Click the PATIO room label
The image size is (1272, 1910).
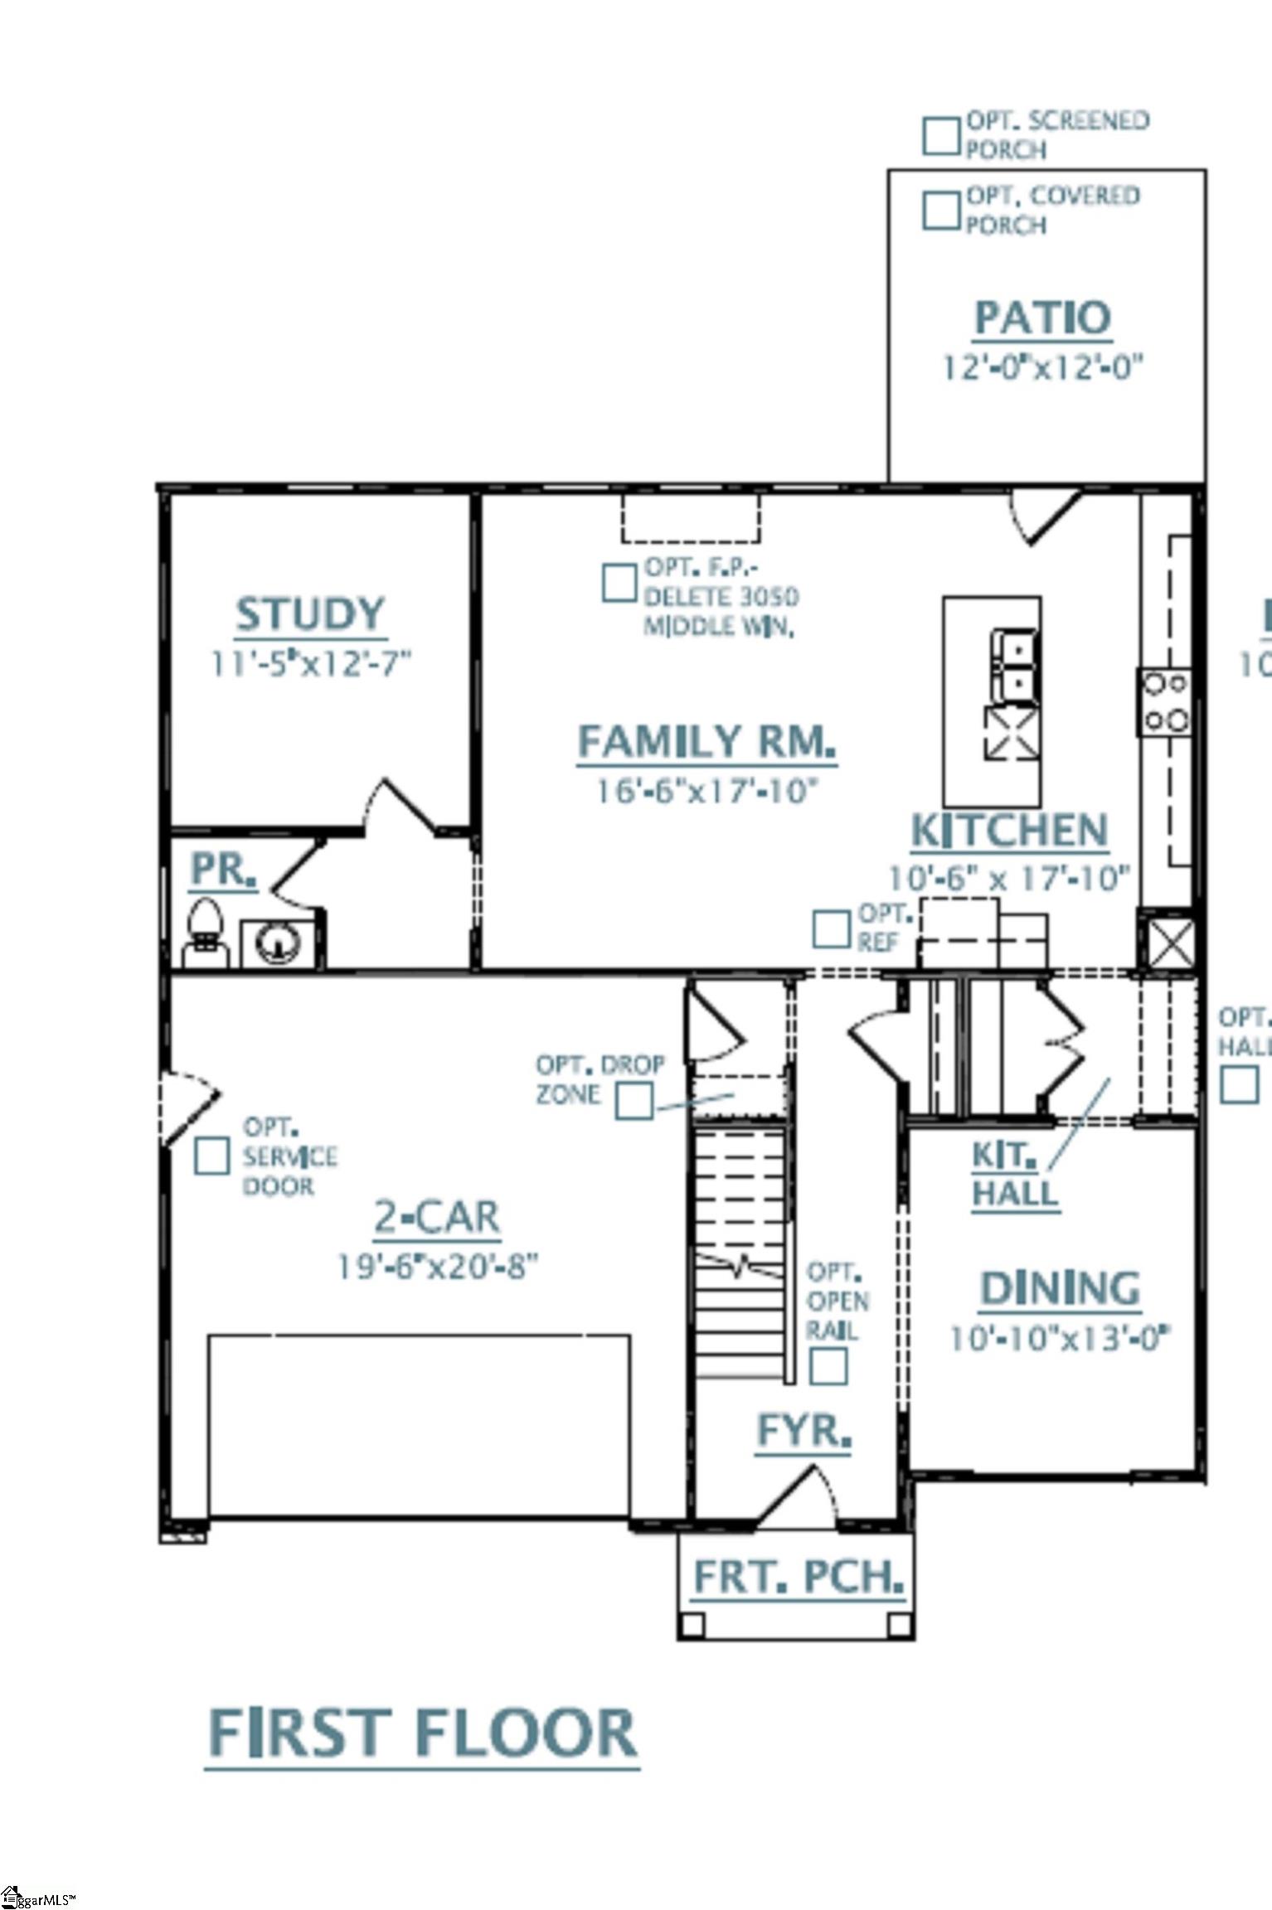(x=1041, y=318)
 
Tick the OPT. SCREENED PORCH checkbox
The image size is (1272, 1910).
(x=941, y=136)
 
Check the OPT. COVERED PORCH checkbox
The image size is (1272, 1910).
(x=941, y=211)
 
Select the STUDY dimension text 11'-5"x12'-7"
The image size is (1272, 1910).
(x=311, y=664)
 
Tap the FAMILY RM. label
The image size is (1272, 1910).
(x=706, y=741)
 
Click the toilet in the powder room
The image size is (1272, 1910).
(x=205, y=931)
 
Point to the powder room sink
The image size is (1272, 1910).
(x=278, y=943)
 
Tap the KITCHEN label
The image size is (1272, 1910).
(x=1009, y=831)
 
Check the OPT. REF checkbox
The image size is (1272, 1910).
(x=830, y=929)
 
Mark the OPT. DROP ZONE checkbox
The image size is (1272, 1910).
(x=635, y=1101)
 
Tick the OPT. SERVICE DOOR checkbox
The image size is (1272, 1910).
(x=212, y=1156)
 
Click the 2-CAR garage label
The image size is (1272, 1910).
(x=437, y=1218)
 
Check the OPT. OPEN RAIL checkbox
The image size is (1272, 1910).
(x=828, y=1366)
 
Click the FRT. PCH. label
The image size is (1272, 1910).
(x=798, y=1577)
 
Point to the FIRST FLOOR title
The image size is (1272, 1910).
(x=422, y=1734)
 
